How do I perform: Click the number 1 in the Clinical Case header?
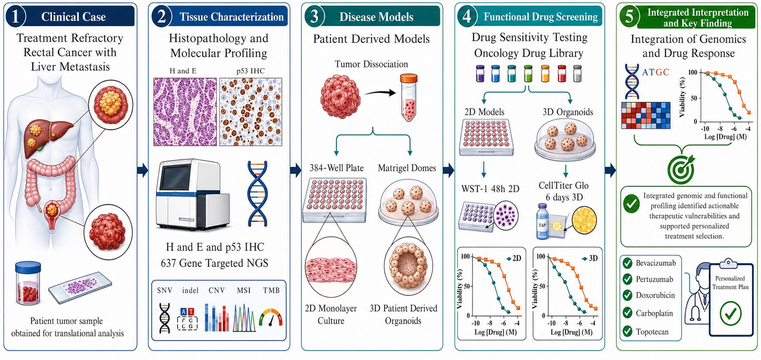tap(15, 17)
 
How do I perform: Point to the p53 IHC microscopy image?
tap(250, 112)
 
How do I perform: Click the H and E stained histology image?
tap(185, 112)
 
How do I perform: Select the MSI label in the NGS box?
tap(244, 290)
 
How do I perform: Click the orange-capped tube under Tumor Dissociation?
tap(409, 97)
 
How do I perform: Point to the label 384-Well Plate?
tap(336, 168)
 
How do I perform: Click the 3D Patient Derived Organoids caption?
tap(403, 314)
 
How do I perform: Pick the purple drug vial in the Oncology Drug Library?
tap(480, 74)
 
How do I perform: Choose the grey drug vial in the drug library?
tap(577, 74)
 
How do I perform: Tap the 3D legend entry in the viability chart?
tap(590, 258)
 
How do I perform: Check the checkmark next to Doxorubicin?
tap(627, 295)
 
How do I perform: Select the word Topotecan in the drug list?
tap(652, 332)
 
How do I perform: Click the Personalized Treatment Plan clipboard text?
tap(730, 283)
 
